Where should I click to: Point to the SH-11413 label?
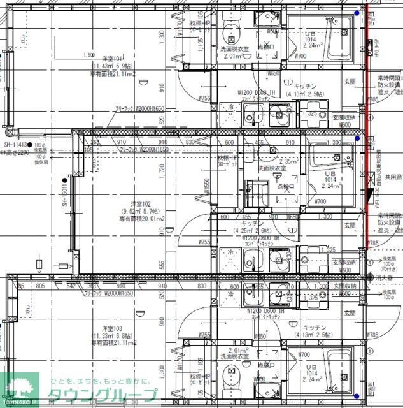click(x=19, y=145)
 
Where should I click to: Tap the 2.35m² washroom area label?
click(x=289, y=161)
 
